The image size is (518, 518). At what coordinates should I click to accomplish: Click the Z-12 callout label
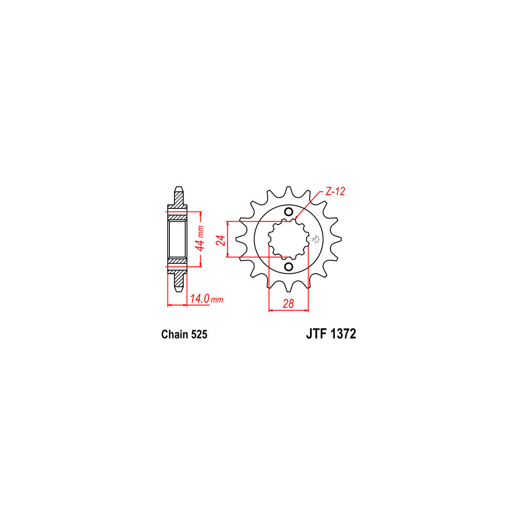(x=335, y=191)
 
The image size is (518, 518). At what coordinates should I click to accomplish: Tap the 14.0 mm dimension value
(x=207, y=299)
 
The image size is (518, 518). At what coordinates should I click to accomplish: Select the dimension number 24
(x=221, y=240)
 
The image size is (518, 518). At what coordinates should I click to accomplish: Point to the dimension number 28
(x=288, y=304)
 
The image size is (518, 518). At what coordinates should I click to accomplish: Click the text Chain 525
(x=184, y=334)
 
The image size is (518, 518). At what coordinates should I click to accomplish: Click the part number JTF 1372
(x=331, y=334)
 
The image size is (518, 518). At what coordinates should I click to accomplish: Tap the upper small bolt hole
(x=288, y=212)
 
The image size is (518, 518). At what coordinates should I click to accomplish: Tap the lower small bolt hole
(x=288, y=266)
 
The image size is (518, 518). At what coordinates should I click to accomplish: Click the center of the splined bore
(x=288, y=239)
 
